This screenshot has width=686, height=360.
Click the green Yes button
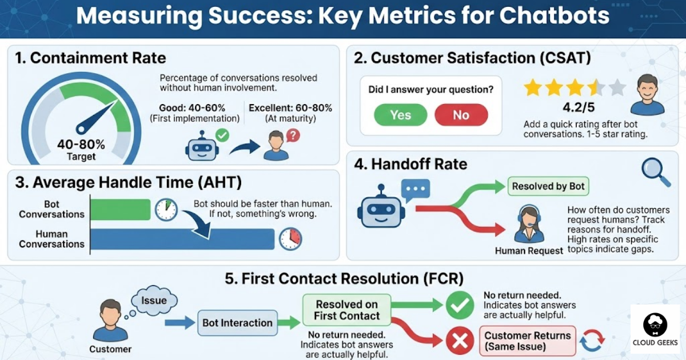point(400,115)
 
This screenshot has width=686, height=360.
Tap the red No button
point(461,115)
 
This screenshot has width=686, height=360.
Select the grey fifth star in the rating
point(617,88)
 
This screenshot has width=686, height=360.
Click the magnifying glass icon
point(655,171)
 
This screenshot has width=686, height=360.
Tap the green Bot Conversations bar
point(121,209)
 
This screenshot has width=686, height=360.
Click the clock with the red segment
point(290,239)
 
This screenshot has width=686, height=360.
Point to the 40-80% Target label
point(81,150)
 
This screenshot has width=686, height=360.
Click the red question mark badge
point(293,135)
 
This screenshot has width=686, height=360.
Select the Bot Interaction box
point(237,323)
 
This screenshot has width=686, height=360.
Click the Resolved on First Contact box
point(346,310)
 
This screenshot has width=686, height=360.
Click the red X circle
point(459,341)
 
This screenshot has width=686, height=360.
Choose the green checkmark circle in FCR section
point(459,306)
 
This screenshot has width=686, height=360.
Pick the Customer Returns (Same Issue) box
point(527,341)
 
